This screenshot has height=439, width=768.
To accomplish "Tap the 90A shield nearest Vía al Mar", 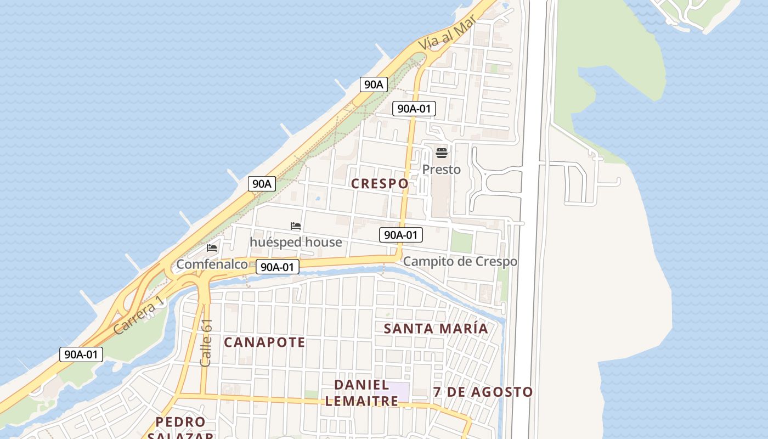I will pyautogui.click(x=374, y=85).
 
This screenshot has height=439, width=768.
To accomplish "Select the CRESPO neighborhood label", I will pyautogui.click(x=380, y=184).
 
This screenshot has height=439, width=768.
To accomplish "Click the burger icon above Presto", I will pyautogui.click(x=442, y=153).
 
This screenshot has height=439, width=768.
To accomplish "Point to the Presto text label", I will pyautogui.click(x=441, y=170).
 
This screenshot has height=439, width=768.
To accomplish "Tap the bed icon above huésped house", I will pyautogui.click(x=296, y=226).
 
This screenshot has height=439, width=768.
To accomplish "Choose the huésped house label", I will pyautogui.click(x=296, y=242).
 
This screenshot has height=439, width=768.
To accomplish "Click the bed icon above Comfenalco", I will pyautogui.click(x=212, y=248).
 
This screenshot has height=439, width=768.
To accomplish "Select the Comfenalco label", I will pyautogui.click(x=212, y=264).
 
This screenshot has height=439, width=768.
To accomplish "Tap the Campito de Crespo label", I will pyautogui.click(x=460, y=262).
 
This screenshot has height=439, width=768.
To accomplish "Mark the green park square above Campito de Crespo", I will pyautogui.click(x=461, y=242).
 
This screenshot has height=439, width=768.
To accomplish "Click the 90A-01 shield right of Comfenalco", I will pyautogui.click(x=278, y=267).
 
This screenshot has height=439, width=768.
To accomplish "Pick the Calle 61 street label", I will pyautogui.click(x=206, y=343).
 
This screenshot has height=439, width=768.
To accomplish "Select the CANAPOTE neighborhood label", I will pyautogui.click(x=264, y=342).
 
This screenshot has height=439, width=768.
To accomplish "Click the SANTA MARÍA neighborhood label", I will pyautogui.click(x=436, y=329).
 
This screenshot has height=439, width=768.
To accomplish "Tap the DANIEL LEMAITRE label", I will pyautogui.click(x=362, y=393).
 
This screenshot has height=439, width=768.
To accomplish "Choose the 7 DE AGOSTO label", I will pyautogui.click(x=483, y=392).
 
